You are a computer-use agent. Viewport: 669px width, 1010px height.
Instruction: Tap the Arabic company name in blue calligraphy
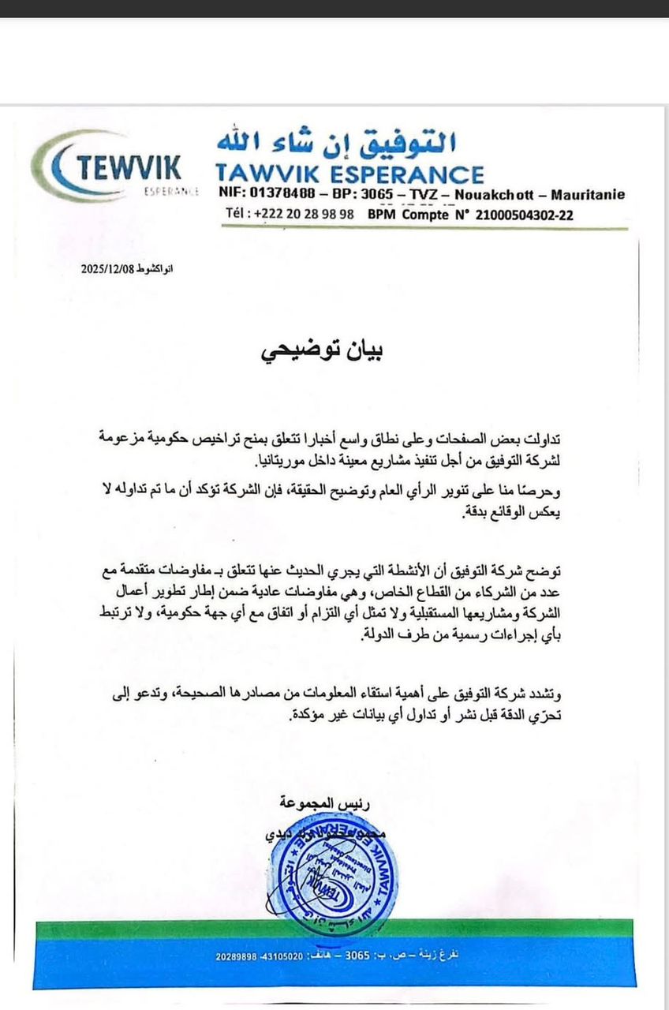[337, 141]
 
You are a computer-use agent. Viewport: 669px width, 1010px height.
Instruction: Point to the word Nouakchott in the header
[503, 195]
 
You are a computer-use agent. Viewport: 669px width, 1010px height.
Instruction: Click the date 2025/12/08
[109, 269]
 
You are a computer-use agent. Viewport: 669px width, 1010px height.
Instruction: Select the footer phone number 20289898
[236, 957]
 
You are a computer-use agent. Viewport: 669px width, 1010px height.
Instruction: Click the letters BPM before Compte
[384, 214]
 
